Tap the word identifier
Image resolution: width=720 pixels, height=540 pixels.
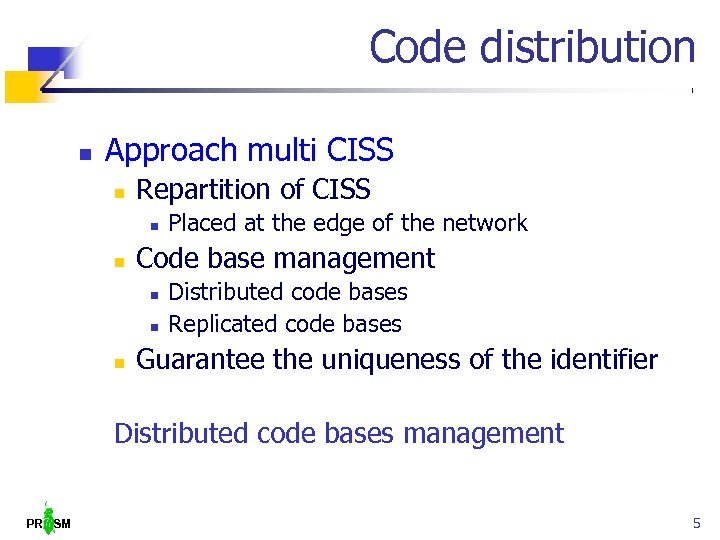click(x=600, y=360)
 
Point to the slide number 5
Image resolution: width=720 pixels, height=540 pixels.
click(x=696, y=523)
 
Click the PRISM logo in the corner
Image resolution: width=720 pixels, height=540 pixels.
click(x=49, y=519)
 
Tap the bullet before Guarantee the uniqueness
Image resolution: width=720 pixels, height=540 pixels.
click(x=118, y=362)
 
